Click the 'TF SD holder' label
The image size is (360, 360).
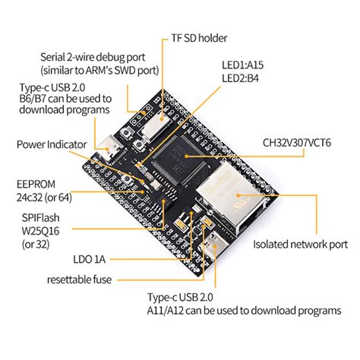(x=199, y=38)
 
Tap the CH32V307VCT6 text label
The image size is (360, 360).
(x=297, y=143)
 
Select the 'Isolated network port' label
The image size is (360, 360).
(x=301, y=245)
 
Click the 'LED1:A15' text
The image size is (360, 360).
(x=242, y=65)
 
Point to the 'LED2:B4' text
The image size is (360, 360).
(x=240, y=78)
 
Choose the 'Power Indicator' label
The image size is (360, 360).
(x=52, y=144)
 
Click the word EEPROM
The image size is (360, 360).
(x=36, y=185)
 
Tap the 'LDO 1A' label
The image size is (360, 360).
(x=89, y=259)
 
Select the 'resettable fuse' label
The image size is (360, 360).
(x=79, y=279)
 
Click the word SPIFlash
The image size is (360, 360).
(x=41, y=218)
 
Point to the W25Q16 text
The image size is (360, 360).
(x=40, y=231)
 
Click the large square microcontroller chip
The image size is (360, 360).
(x=180, y=159)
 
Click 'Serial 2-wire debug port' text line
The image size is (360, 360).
(x=93, y=57)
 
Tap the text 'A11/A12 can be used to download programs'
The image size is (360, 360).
(x=244, y=311)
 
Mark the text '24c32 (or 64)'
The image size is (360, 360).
(x=44, y=197)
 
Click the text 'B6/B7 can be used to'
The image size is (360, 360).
(x=65, y=99)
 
